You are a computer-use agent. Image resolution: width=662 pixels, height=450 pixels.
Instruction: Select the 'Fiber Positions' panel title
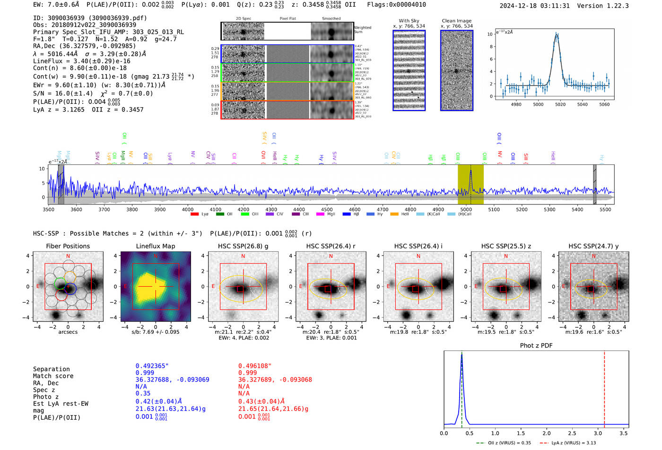tap(68, 246)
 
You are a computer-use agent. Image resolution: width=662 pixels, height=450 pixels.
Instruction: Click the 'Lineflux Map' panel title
tap(156, 246)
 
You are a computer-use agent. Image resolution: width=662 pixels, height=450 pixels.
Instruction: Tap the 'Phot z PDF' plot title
tap(536, 346)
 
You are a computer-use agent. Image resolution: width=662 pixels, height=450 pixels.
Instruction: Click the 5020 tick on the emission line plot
tap(560, 104)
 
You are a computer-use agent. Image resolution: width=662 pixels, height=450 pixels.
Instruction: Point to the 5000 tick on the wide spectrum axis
tap(466, 209)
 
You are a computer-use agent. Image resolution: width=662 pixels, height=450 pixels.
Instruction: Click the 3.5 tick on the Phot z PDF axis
tap(624, 433)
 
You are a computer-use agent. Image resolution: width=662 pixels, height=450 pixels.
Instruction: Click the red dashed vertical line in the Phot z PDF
tap(604, 387)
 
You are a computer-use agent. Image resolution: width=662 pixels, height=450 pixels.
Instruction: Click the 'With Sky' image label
tap(409, 21)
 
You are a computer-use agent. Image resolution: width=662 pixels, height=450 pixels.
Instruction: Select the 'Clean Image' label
tap(456, 21)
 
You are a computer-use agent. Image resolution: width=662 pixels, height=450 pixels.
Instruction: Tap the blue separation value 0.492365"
tap(152, 366)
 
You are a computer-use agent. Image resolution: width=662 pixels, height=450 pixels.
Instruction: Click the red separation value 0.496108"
tap(255, 366)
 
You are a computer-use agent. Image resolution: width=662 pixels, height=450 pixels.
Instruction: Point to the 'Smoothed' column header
tap(331, 19)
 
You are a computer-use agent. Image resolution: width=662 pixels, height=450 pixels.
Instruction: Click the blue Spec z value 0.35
tap(143, 393)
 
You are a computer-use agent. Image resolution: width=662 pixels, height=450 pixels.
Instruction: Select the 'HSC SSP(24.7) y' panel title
tap(593, 246)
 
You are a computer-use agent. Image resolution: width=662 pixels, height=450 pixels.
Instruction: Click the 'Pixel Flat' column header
tap(287, 19)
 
